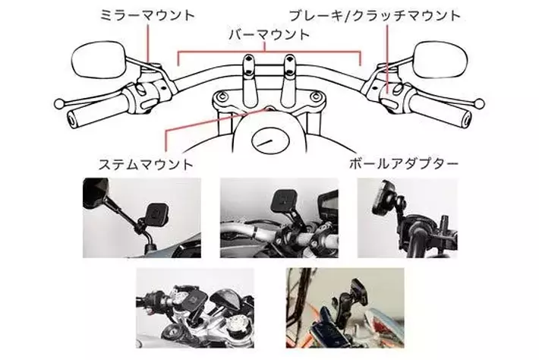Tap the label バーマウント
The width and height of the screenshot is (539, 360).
pyautogui.click(x=269, y=35)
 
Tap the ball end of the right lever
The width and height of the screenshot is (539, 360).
pyautogui.click(x=480, y=102)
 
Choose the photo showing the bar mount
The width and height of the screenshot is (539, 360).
pyautogui.click(x=279, y=217)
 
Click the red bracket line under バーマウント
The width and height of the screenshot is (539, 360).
pyautogui.click(x=269, y=52)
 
